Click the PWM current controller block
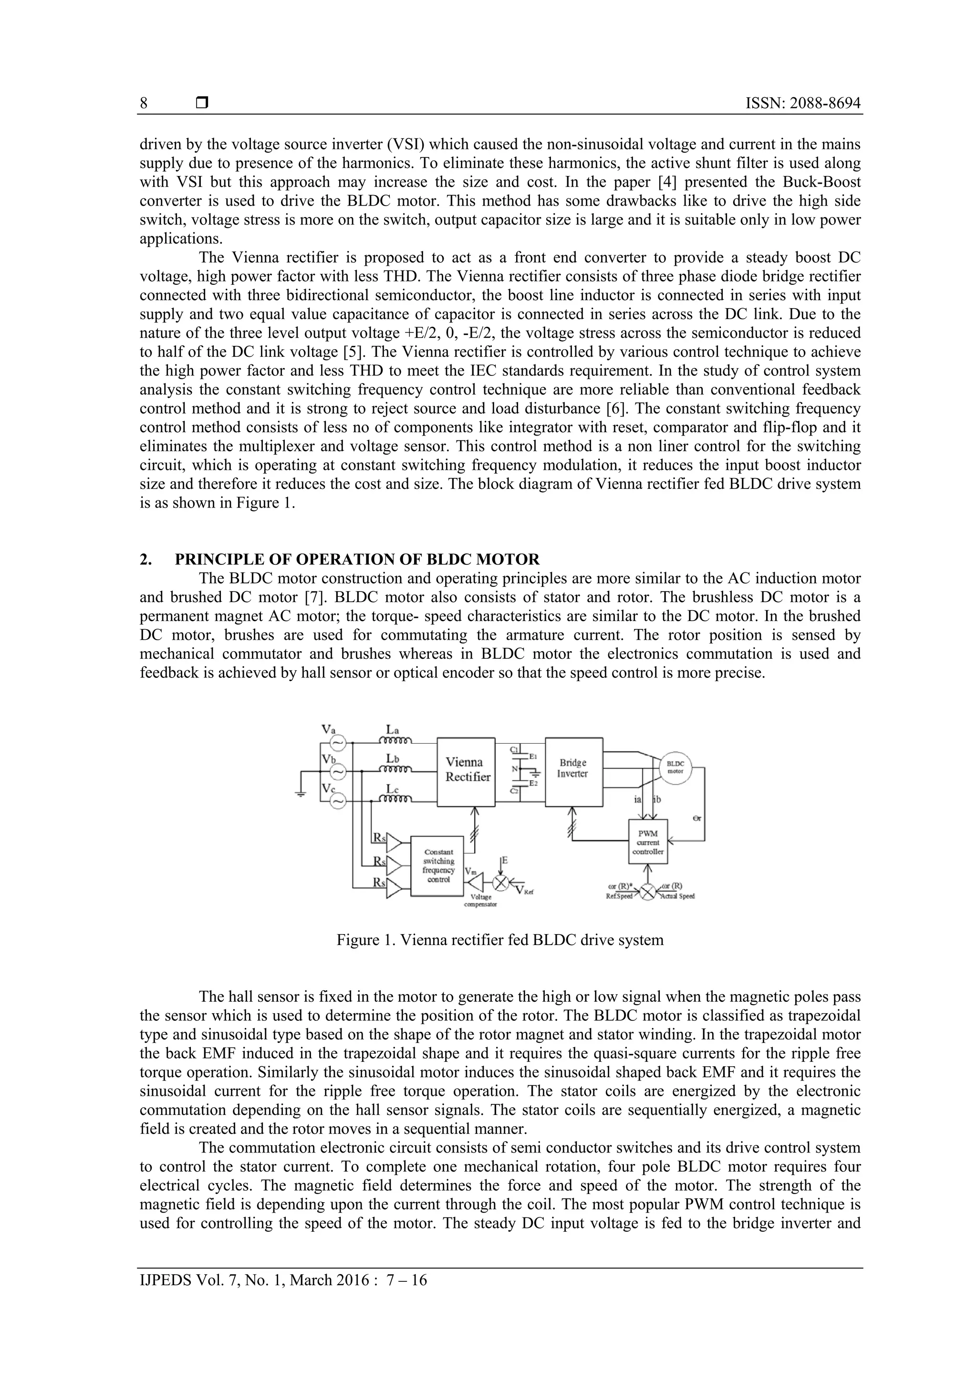(648, 842)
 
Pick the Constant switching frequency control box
(437, 865)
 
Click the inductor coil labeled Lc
(395, 800)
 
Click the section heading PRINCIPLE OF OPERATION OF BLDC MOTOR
(357, 559)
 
